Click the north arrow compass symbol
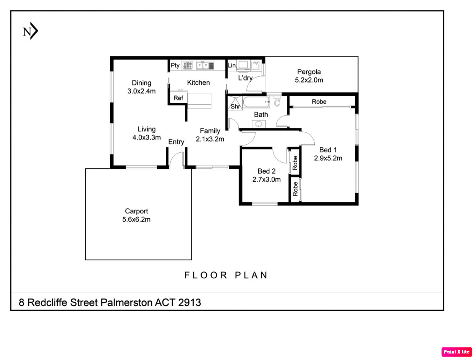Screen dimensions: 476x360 30,31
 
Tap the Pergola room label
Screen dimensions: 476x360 309,72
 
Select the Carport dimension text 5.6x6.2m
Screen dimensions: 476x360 136,220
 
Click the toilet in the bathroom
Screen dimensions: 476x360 277,101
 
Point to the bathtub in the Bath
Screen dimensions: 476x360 256,102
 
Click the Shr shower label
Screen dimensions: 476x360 235,107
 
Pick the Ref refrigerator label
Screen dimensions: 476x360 178,98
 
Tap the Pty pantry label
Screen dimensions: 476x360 175,65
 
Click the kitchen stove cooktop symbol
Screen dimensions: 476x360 187,65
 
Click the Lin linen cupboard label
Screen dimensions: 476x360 232,65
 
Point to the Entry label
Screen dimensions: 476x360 176,142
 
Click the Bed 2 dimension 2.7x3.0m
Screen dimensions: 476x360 266,179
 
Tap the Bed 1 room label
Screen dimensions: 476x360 328,150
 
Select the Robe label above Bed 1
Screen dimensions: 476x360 319,102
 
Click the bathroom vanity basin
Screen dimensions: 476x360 259,124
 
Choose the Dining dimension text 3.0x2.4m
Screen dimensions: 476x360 141,91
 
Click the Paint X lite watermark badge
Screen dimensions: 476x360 457,352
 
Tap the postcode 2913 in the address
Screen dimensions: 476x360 189,302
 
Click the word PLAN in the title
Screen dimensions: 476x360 251,275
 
